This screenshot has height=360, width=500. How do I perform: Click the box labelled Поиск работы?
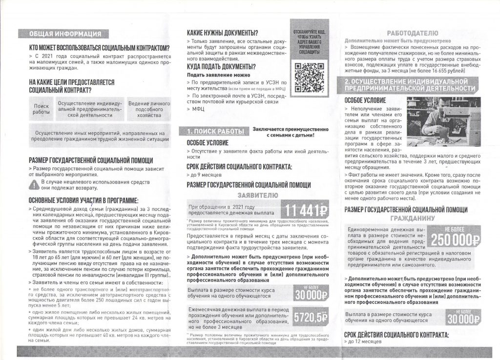(42, 109)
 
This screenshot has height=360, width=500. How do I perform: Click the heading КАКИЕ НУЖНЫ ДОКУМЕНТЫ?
(222, 33)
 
